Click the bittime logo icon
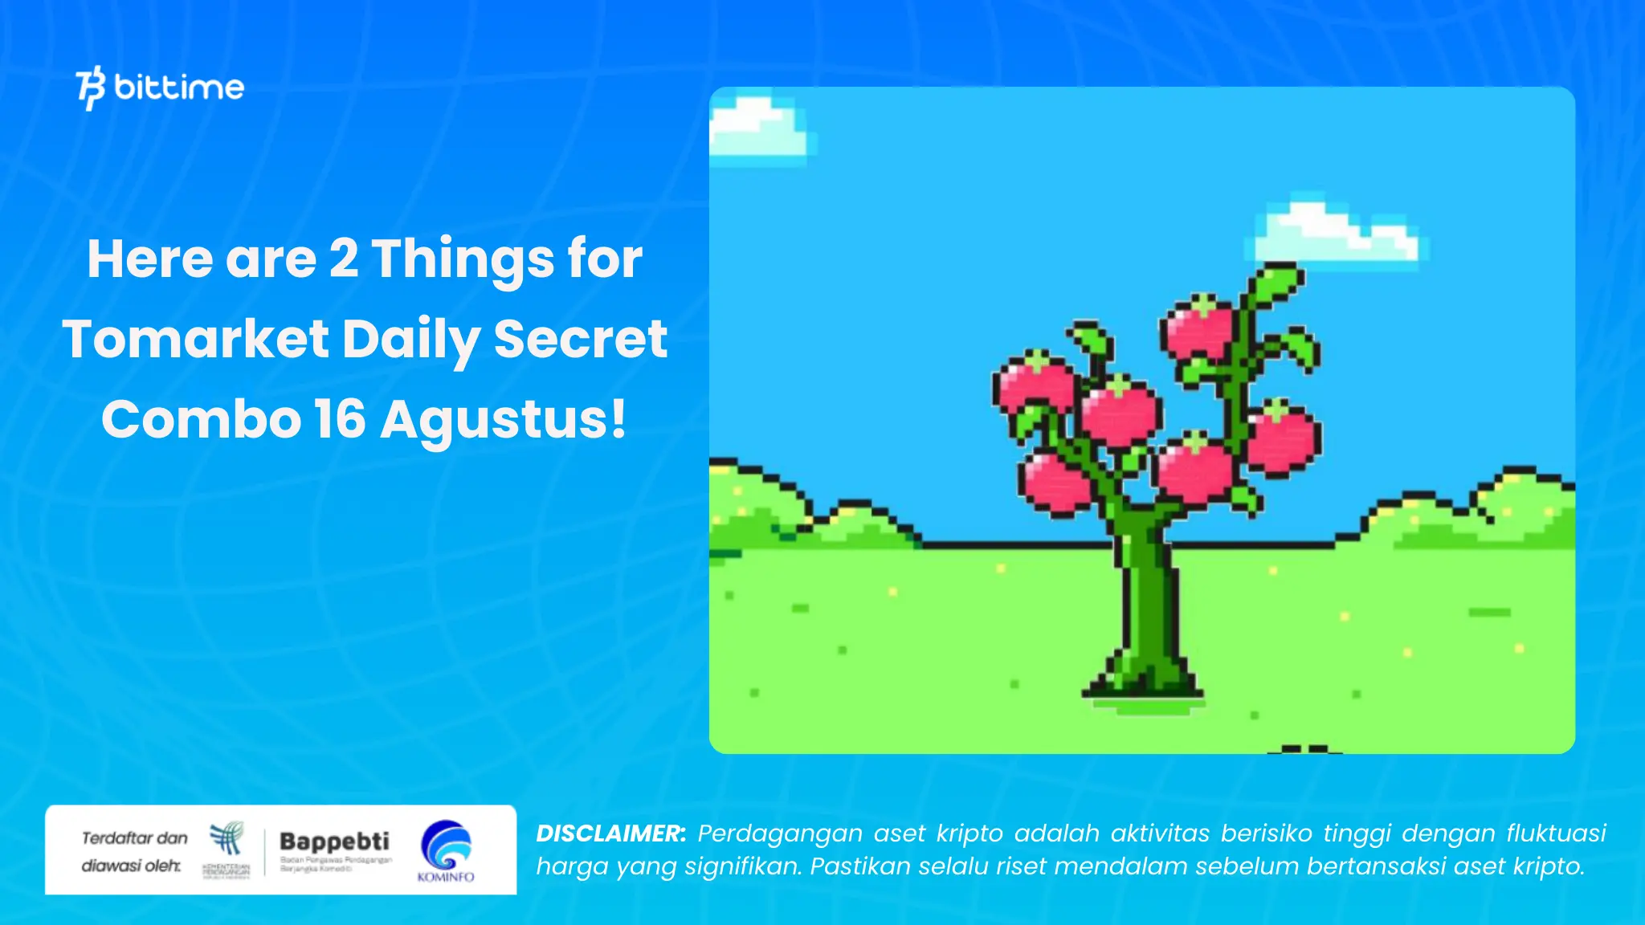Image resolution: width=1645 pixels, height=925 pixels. (91, 88)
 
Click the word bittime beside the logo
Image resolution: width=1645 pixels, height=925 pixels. (179, 87)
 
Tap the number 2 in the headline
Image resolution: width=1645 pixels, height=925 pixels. (344, 259)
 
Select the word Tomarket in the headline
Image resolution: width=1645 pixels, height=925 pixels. (195, 339)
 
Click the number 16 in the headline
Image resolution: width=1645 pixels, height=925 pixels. (340, 419)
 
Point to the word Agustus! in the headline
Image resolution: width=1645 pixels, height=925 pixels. (503, 419)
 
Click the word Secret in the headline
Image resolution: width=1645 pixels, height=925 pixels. (580, 339)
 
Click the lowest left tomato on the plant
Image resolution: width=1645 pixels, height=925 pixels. (1054, 481)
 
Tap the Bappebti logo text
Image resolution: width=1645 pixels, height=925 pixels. (334, 841)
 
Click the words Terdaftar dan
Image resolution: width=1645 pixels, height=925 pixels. (134, 838)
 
